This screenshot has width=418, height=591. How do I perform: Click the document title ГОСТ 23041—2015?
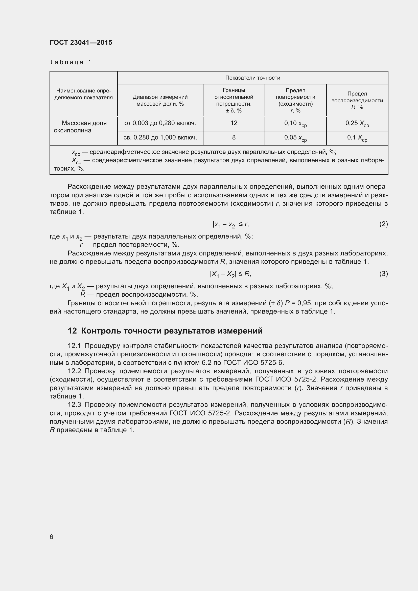(81, 42)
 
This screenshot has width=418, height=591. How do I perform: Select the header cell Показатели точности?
(252, 78)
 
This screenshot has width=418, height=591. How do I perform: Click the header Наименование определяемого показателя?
(83, 94)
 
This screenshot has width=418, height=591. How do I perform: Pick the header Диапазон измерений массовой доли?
(160, 100)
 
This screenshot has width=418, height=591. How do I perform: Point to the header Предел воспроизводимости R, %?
(357, 100)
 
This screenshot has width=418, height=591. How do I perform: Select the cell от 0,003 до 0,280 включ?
(160, 123)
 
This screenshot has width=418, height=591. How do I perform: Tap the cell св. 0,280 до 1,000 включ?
(160, 138)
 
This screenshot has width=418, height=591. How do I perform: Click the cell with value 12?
(234, 123)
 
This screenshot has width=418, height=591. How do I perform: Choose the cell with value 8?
(234, 137)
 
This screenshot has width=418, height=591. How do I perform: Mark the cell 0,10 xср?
(295, 124)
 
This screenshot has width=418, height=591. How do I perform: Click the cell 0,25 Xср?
(357, 124)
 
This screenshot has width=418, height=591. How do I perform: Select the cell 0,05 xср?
(295, 138)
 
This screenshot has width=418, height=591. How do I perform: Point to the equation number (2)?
(383, 224)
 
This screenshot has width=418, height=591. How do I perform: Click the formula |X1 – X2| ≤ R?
(230, 274)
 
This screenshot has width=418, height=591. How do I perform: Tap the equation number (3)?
(383, 274)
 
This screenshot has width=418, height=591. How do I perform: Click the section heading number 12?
(72, 331)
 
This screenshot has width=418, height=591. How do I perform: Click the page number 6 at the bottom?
(52, 537)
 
